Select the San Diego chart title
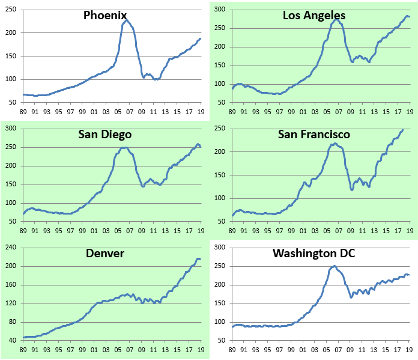pyautogui.click(x=104, y=134)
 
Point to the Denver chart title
pyautogui.click(x=104, y=253)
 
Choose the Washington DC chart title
pyautogui.click(x=313, y=253)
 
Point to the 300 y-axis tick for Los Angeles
pyautogui.click(x=220, y=10)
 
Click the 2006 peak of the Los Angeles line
pyautogui.click(x=336, y=19)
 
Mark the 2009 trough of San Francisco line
pyautogui.click(x=352, y=190)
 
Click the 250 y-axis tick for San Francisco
pyautogui.click(x=220, y=129)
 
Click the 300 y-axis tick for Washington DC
pyautogui.click(x=220, y=248)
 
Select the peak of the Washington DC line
pyautogui.click(x=334, y=266)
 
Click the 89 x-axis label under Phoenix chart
pyautogui.click(x=24, y=112)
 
